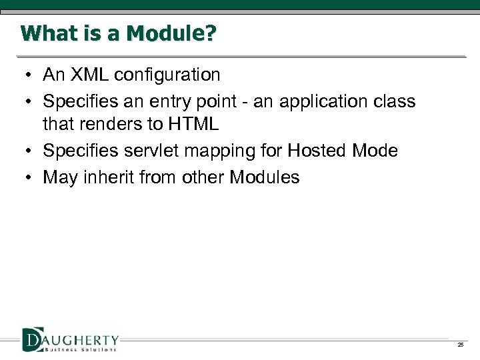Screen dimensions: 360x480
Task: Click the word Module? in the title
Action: [x=177, y=33]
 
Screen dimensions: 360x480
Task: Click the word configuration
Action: [x=167, y=75]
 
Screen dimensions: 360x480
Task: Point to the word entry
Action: [x=166, y=101]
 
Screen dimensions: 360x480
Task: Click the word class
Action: [x=393, y=101]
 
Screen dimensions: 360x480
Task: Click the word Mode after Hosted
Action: [x=376, y=151]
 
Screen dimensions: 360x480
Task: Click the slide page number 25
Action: [x=460, y=345]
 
